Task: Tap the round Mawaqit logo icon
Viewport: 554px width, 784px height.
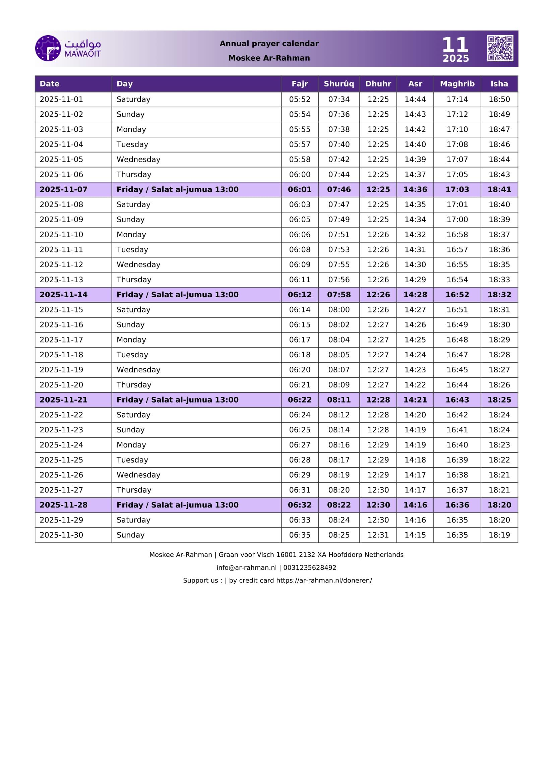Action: (x=48, y=48)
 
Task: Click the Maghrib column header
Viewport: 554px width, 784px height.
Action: (x=457, y=84)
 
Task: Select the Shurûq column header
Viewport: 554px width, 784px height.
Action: (x=338, y=84)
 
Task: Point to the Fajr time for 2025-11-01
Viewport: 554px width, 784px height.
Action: (x=300, y=99)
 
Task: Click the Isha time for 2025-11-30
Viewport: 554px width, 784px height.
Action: (x=499, y=535)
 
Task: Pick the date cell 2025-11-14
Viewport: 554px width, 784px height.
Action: (x=63, y=295)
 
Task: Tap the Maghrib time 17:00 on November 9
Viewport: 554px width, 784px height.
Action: (x=457, y=220)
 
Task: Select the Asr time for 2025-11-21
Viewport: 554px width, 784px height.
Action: (x=415, y=400)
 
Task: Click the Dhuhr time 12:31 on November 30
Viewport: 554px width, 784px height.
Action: (x=378, y=535)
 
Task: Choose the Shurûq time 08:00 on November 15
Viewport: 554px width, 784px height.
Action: (x=338, y=310)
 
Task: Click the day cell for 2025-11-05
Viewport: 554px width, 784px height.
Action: (x=138, y=160)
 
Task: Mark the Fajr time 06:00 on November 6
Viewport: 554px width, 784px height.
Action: (x=300, y=175)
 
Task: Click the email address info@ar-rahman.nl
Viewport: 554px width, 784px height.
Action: (x=246, y=567)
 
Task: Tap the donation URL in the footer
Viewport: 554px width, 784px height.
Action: (x=324, y=581)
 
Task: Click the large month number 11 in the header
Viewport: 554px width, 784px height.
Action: (x=455, y=45)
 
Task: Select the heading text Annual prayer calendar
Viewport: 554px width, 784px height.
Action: (x=269, y=43)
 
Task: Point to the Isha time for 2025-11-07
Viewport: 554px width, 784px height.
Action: (x=499, y=189)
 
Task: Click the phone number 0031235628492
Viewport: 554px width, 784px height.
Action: (x=310, y=567)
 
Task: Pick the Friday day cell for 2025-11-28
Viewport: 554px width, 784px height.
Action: (x=178, y=505)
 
